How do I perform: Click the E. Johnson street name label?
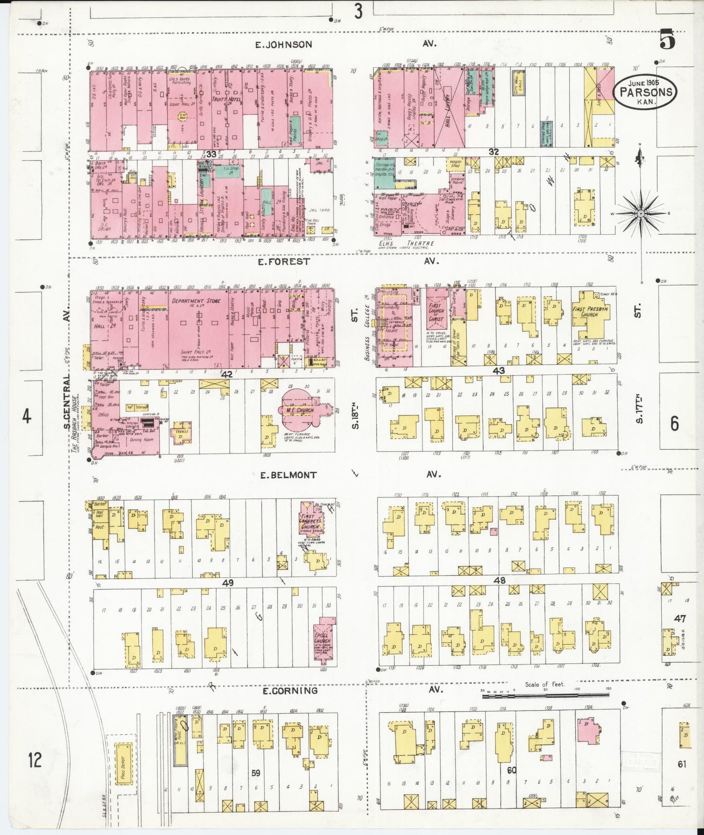(x=284, y=44)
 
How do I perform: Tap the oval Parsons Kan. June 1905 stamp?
(x=646, y=92)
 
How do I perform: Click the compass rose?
(x=641, y=213)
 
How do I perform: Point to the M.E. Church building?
(x=299, y=410)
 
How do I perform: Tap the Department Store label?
(x=196, y=301)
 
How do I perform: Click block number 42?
(x=227, y=374)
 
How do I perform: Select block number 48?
(x=499, y=580)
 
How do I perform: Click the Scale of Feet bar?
(x=521, y=696)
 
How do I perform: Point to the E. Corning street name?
(x=290, y=691)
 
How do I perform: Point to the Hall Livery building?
(x=448, y=107)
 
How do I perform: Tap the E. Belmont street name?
(x=288, y=475)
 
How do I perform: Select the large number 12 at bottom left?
(x=35, y=759)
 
